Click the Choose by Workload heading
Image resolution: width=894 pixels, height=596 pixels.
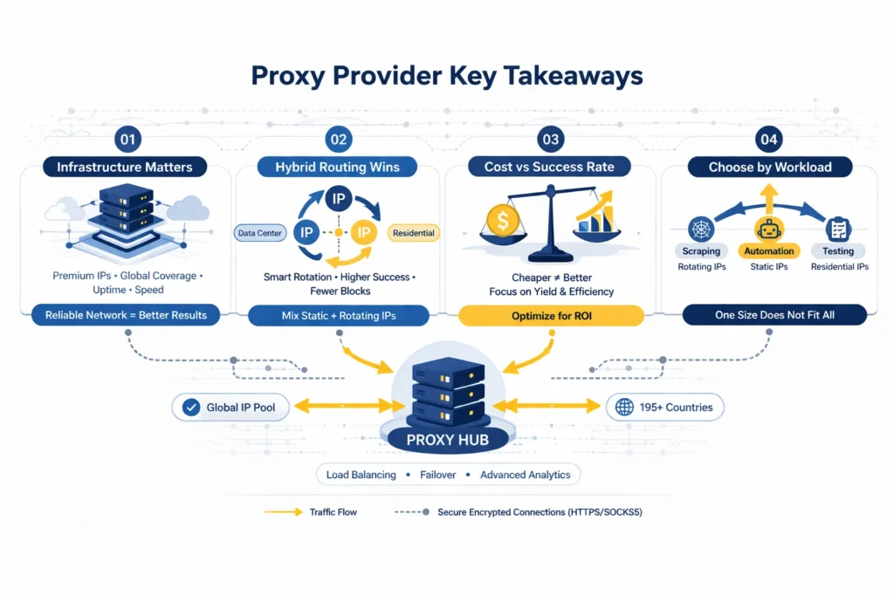pyautogui.click(x=769, y=167)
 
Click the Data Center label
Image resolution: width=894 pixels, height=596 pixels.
pyautogui.click(x=259, y=233)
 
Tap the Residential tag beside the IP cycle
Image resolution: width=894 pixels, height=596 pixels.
pyautogui.click(x=414, y=233)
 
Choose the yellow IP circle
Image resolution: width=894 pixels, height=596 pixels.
pyautogui.click(x=362, y=233)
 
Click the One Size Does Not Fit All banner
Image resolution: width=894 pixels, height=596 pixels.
pyautogui.click(x=773, y=315)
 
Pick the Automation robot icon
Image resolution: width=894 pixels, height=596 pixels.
pyautogui.click(x=769, y=229)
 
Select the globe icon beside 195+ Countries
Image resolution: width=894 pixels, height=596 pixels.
pyautogui.click(x=623, y=407)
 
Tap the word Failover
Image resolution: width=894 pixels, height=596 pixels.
pyautogui.click(x=433, y=475)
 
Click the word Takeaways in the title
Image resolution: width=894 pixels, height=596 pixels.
pyautogui.click(x=565, y=76)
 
